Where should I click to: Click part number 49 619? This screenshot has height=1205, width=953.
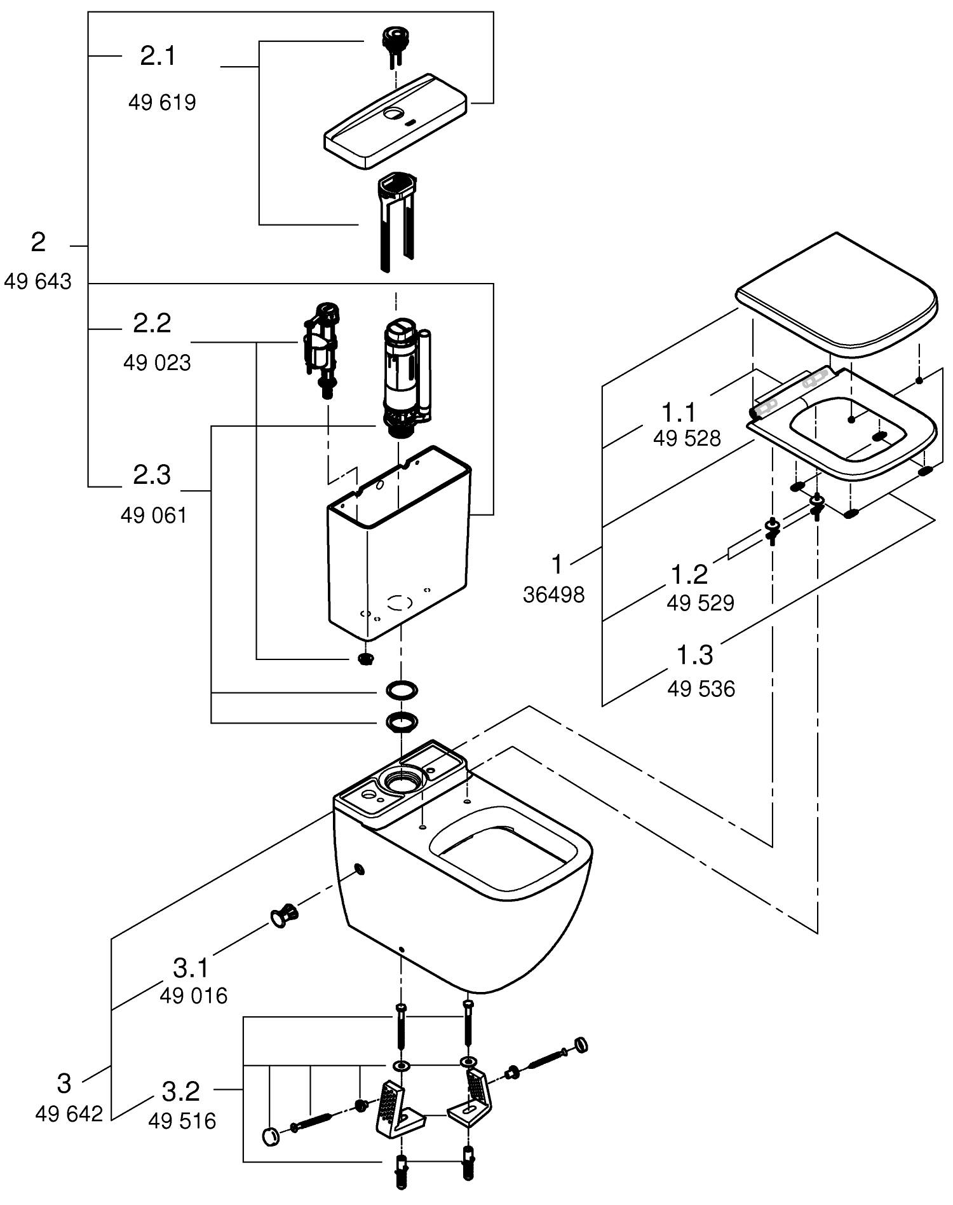[162, 102]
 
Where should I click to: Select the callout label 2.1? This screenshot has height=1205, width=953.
[158, 56]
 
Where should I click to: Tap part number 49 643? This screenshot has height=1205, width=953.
[38, 281]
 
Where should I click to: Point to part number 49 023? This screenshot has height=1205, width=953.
[157, 362]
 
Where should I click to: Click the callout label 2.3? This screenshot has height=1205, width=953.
[152, 475]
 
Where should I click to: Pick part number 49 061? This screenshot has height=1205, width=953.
[154, 515]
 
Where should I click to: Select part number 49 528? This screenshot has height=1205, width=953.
[687, 438]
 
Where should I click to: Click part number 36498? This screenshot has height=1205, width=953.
[553, 595]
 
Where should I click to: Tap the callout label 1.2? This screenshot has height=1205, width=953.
[689, 574]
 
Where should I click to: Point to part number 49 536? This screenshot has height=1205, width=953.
[701, 689]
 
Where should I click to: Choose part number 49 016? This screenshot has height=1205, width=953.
[193, 995]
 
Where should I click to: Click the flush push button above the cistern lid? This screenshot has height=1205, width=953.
[395, 44]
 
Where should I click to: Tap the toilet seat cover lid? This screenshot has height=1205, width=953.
[836, 294]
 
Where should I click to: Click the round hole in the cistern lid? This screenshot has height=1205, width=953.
[395, 114]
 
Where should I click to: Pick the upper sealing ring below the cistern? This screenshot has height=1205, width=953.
[402, 689]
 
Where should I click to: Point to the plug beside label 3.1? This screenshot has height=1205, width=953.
[284, 916]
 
